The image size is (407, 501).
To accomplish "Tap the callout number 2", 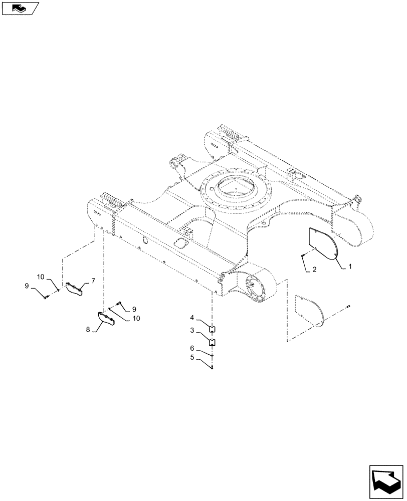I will coord(314,270).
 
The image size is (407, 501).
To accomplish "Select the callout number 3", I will coord(192,331).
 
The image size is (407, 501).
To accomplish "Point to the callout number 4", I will coord(192,318).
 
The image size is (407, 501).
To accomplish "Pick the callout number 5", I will coord(192,358).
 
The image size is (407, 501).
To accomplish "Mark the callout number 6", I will coord(192,348).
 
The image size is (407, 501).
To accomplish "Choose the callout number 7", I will coord(93,280).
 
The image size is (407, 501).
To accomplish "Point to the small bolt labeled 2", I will coord(303,256).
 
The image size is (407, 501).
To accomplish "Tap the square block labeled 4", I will coord(212,329).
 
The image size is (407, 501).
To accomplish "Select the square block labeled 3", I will coord(212,343).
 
